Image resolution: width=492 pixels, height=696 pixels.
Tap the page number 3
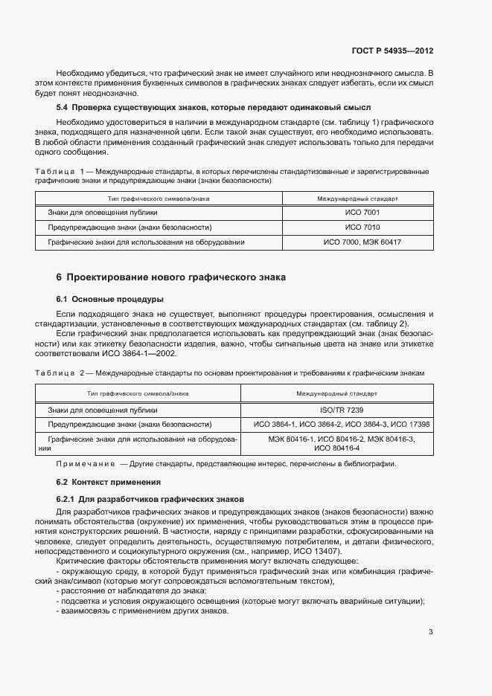click(430, 632)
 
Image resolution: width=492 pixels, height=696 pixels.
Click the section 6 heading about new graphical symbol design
click(171, 277)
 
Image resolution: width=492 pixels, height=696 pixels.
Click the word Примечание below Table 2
click(84, 464)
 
